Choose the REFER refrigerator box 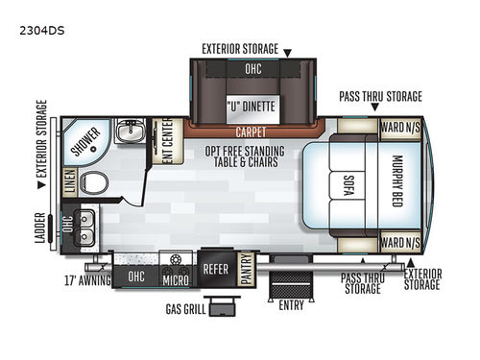[x=215, y=269]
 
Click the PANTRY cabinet [x=246, y=263]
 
